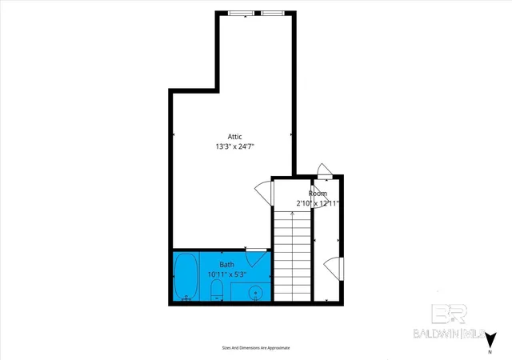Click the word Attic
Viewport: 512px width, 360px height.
click(x=234, y=137)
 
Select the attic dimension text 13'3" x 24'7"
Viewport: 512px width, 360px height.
click(x=234, y=146)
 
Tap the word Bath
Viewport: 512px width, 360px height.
click(x=226, y=264)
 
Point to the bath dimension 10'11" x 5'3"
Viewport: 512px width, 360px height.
click(x=227, y=274)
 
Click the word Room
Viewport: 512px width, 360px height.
click(x=318, y=194)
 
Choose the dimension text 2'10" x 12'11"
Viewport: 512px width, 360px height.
click(x=318, y=203)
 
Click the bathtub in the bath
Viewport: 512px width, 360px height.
click(x=186, y=276)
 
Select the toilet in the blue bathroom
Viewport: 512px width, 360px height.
click(x=217, y=290)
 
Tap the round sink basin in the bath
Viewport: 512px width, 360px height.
click(x=255, y=290)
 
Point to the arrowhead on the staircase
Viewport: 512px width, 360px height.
click(x=292, y=214)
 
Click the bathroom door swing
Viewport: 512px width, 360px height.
click(x=257, y=258)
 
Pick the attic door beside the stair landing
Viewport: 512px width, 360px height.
click(x=264, y=194)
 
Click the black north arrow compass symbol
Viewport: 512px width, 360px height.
click(x=490, y=340)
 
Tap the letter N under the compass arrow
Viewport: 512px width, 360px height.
click(x=490, y=352)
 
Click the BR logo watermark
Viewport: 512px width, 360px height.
click(x=450, y=314)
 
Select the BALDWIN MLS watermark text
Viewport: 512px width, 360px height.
click(x=450, y=334)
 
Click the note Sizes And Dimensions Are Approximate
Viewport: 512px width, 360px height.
click(x=256, y=348)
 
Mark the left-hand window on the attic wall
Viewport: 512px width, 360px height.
click(x=241, y=13)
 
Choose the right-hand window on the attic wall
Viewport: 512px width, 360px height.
click(x=273, y=13)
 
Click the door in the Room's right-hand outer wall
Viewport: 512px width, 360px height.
click(x=334, y=269)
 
